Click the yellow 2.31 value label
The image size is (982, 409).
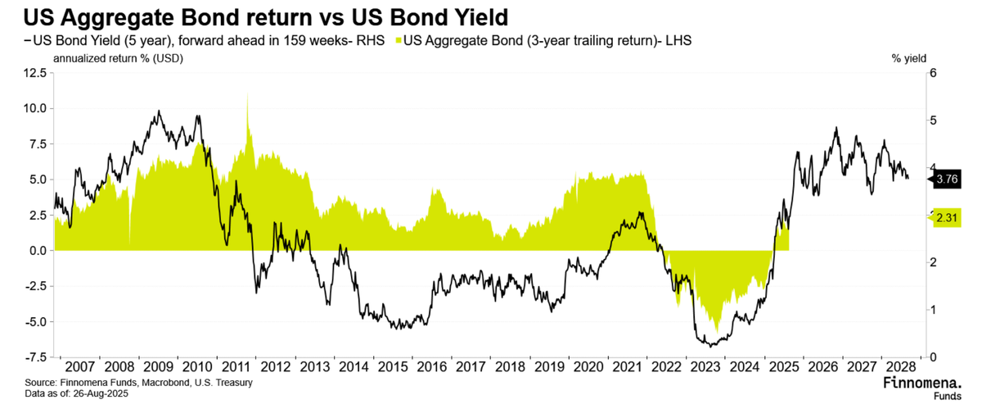click(947, 218)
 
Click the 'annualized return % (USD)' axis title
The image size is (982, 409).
click(118, 58)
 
